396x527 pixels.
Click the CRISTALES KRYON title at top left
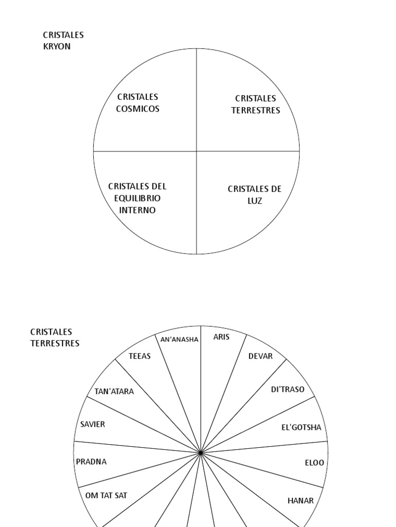coord(63,41)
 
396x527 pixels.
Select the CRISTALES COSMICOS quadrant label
coord(138,103)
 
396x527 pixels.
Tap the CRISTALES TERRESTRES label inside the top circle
coord(256,104)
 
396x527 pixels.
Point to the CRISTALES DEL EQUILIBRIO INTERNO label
coord(137,198)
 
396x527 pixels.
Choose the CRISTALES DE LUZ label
coord(255,195)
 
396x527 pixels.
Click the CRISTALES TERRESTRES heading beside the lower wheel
coord(55,338)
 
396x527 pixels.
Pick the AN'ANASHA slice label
coord(179,339)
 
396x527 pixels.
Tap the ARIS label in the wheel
coord(222,337)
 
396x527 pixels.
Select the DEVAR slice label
coord(260,356)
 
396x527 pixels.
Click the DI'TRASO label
coord(288,390)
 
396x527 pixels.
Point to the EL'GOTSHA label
coord(301,428)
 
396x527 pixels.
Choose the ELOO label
coord(315,463)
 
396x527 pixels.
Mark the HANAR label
coord(301,501)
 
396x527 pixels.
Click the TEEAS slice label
coord(140,356)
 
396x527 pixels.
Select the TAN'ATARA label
coord(114,392)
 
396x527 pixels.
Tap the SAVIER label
coord(93,425)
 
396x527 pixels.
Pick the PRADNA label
coord(91,462)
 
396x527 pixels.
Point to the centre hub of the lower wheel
coord(201,453)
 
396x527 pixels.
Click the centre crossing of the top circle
coord(196,151)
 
